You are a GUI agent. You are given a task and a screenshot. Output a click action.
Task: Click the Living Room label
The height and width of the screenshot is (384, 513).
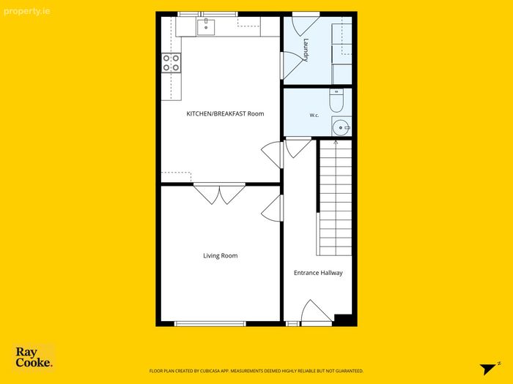pos(220,256)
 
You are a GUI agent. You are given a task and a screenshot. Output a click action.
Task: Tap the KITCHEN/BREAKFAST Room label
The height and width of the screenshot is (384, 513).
pos(225,113)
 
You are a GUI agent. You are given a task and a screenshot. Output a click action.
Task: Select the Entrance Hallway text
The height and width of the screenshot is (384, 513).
pos(318,273)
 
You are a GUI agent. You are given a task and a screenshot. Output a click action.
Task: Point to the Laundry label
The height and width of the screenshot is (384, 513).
pos(306,50)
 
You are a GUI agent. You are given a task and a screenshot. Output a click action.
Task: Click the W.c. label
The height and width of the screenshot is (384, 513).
pos(314,116)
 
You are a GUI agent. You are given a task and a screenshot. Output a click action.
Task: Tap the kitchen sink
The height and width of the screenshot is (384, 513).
pos(206,27)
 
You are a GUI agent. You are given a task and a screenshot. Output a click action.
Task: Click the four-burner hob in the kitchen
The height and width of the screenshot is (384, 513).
pos(171,63)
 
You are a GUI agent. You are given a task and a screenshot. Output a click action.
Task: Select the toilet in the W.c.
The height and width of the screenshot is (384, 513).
pos(336,101)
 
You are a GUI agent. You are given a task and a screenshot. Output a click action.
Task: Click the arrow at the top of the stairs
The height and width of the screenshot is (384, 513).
pos(336,143)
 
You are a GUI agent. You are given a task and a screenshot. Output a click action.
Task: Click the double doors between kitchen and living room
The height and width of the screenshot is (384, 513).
pos(219,195)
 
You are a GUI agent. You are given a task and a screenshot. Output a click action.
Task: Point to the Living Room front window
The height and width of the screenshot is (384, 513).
pos(210,323)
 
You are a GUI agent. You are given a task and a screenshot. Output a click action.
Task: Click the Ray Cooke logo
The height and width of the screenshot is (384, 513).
pos(34,357)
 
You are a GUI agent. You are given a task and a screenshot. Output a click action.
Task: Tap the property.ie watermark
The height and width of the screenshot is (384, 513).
pos(27,12)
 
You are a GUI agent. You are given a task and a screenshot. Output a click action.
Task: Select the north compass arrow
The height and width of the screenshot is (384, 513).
pos(489,369)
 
